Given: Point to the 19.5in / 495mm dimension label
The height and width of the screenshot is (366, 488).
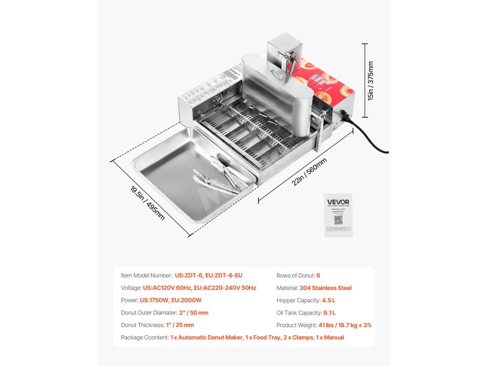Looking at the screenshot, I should click(x=147, y=202).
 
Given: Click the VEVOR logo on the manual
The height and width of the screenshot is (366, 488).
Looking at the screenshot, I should click(x=338, y=202).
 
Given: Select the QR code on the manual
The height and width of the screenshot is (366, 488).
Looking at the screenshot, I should click(x=338, y=220).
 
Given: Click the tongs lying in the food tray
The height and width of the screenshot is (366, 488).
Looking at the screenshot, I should click(x=217, y=180).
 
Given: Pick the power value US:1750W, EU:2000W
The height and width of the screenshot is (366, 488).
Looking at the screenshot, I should click(x=171, y=300).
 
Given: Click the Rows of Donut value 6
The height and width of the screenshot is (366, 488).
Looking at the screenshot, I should click(x=318, y=275).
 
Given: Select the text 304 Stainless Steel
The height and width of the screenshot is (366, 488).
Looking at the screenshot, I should click(x=325, y=288).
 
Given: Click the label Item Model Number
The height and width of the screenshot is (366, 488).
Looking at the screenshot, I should click(x=146, y=275).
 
